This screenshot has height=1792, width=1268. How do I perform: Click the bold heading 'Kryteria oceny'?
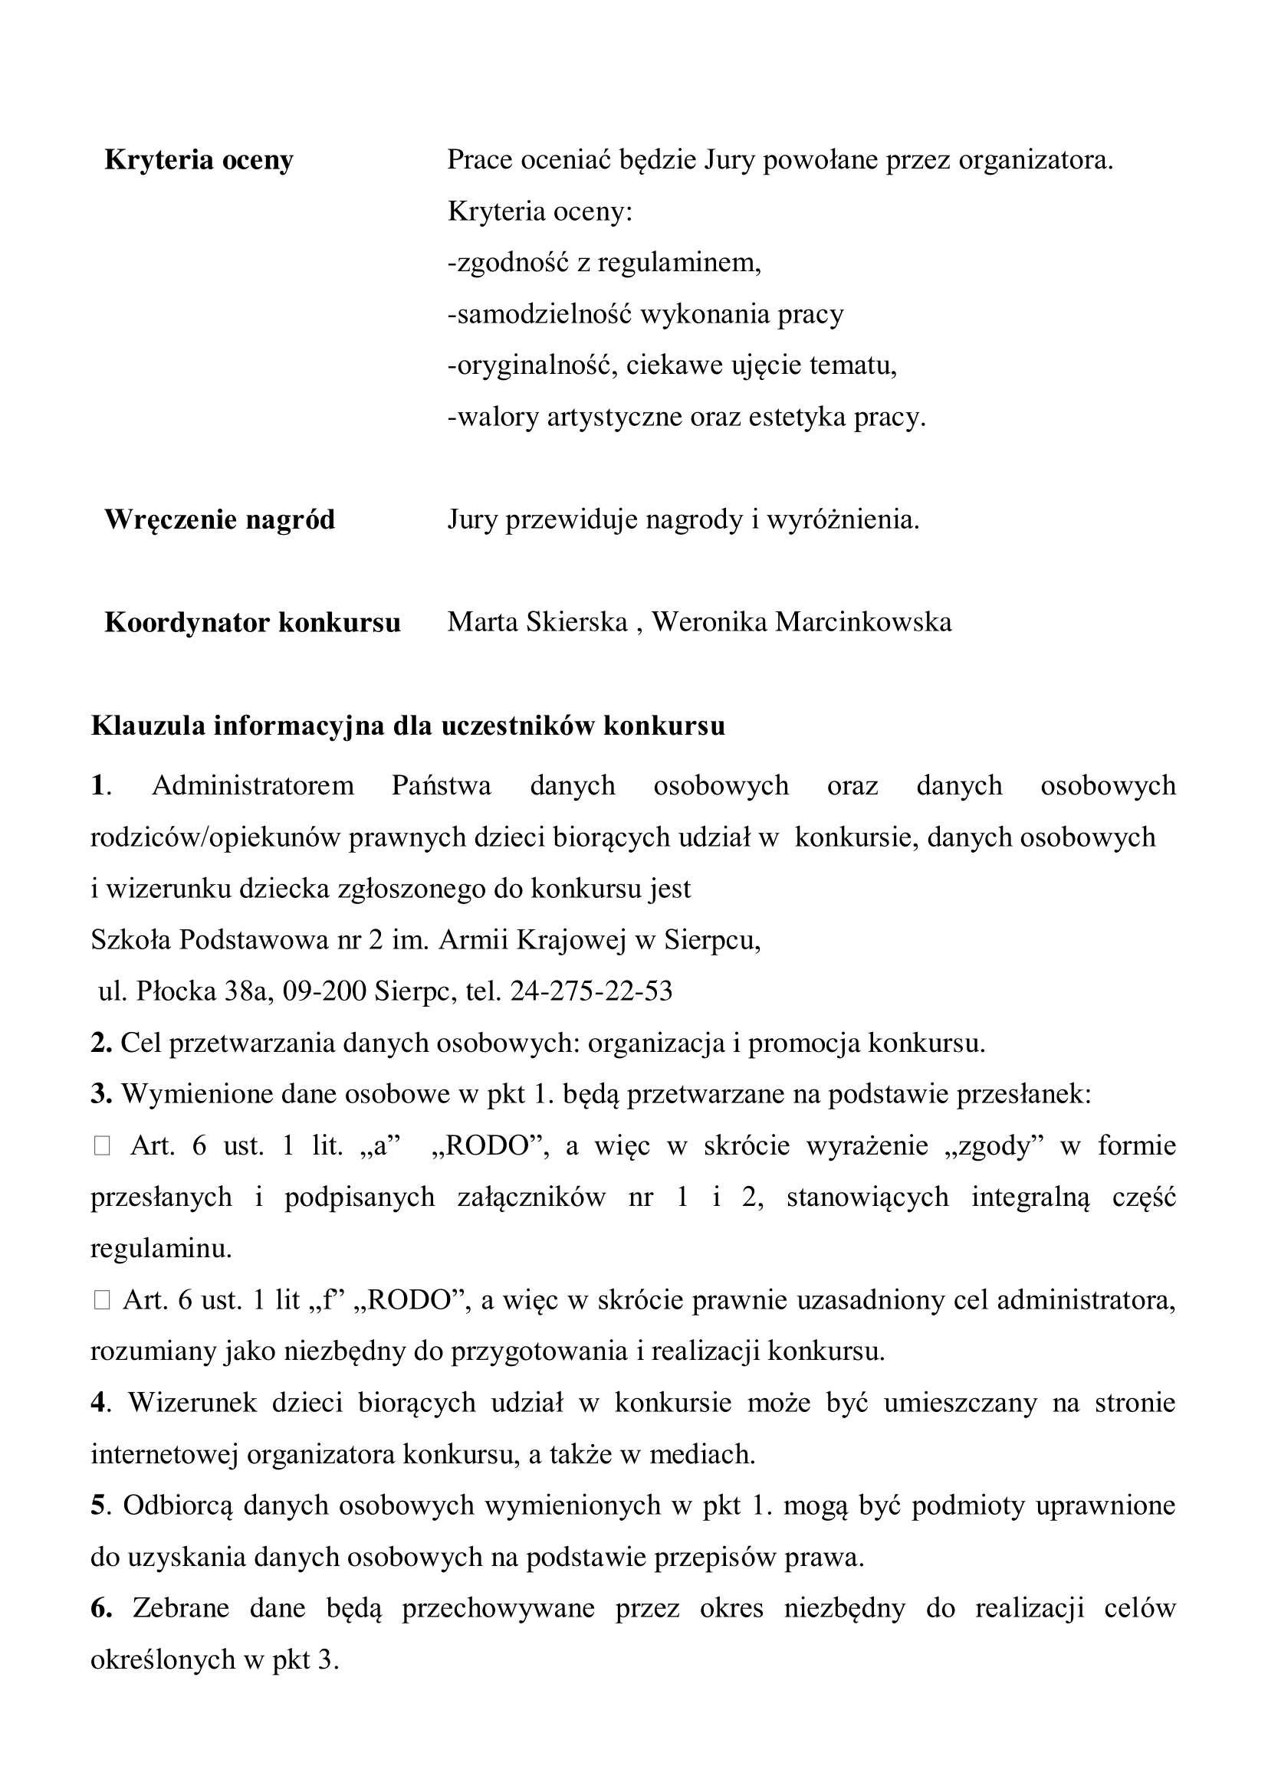point(199,161)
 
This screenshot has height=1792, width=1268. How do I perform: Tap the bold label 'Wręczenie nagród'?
point(219,519)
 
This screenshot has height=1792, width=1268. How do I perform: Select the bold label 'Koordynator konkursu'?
point(252,623)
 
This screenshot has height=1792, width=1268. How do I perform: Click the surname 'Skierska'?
point(577,623)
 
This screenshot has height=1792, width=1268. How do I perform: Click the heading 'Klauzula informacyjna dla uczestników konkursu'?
point(408,726)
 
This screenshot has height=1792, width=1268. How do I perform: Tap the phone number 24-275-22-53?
point(591,991)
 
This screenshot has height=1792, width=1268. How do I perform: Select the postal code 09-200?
point(324,991)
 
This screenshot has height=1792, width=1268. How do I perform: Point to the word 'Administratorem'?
point(253,785)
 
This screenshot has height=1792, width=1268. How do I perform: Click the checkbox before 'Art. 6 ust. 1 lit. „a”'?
point(101,1147)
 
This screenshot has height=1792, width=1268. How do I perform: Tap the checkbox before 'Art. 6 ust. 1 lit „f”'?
point(101,1300)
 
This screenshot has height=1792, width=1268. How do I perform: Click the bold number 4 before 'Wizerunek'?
point(97,1404)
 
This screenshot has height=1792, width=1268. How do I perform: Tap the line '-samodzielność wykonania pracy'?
point(645,315)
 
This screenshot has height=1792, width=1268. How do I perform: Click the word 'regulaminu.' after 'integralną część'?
point(161,1249)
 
